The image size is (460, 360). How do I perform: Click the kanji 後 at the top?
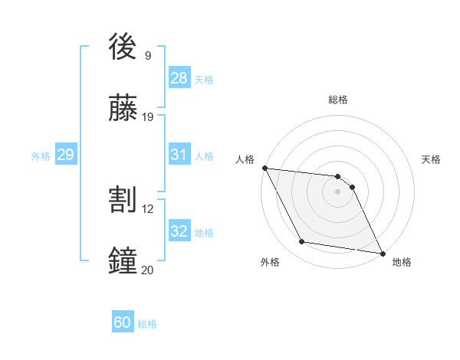pos(123,48)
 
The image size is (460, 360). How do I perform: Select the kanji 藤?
pos(123,108)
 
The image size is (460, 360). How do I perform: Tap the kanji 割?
pos(123,200)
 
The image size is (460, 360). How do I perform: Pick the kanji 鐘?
pos(123,261)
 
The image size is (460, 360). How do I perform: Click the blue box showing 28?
pos(179,77)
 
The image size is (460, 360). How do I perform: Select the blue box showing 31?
pos(179,155)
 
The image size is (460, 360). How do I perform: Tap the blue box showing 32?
pos(179,231)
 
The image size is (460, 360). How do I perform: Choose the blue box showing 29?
pos(65,155)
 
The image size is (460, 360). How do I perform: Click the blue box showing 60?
pos(123,322)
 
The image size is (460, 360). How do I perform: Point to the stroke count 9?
pos(148,55)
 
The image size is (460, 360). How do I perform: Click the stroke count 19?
pos(148,116)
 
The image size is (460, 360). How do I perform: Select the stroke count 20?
pos(147,269)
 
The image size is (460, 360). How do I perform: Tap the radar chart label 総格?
pos(338,100)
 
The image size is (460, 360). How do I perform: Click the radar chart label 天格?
pos(432,159)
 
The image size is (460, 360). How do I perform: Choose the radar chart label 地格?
pos(402,263)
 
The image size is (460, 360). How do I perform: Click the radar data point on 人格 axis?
pos(264,168)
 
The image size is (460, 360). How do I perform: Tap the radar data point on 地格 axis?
pos(382,252)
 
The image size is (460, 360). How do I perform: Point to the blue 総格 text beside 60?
pos(147,324)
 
